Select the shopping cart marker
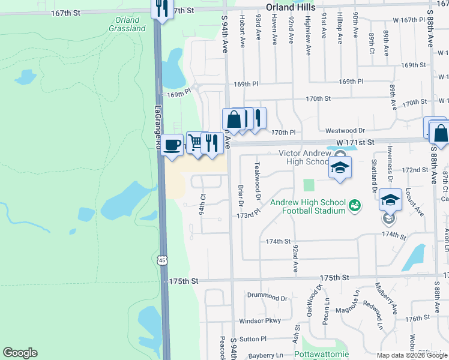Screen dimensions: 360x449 pyautogui.click(x=195, y=143)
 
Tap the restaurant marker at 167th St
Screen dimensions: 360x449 pyautogui.click(x=160, y=8)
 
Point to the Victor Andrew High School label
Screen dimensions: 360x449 pyautogui.click(x=304, y=157)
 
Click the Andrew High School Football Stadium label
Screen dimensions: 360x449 pyautogui.click(x=307, y=206)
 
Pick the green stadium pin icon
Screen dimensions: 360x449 pyautogui.click(x=355, y=205)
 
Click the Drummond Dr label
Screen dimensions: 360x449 pyautogui.click(x=267, y=297)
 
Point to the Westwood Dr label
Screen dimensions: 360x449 pyautogui.click(x=345, y=130)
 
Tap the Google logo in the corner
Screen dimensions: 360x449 pyautogui.click(x=20, y=353)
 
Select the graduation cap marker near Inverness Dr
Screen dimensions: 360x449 pyautogui.click(x=390, y=201)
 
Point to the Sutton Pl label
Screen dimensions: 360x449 pyautogui.click(x=253, y=339)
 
